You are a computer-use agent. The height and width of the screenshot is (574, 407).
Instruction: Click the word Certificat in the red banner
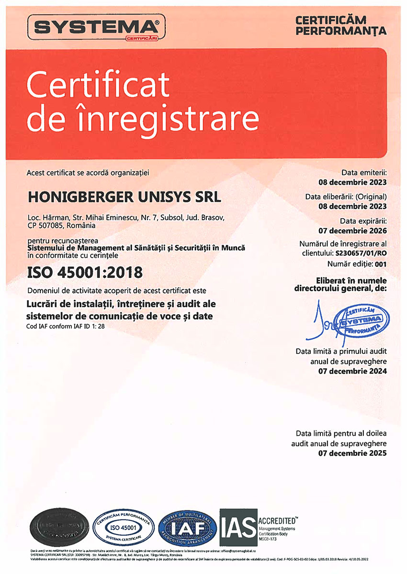point(98,85)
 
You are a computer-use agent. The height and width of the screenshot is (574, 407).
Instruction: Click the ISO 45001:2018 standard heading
point(85,273)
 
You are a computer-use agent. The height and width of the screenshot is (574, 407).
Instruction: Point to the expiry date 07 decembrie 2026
point(353,231)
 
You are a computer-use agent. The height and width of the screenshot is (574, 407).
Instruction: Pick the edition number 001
point(380,264)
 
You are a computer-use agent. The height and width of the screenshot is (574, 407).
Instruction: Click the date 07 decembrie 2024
point(353,371)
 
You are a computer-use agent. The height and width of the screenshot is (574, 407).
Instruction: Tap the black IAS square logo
point(238,528)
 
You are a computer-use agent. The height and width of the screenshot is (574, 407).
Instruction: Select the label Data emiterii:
point(363,172)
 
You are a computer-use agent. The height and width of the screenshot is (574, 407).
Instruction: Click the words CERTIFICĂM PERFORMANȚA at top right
point(340,26)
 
